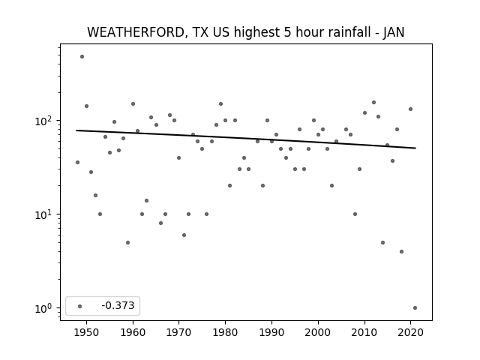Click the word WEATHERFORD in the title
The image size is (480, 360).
135,32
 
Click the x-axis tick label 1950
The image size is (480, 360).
87,332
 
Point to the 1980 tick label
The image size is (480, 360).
225,332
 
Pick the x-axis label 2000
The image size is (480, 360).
318,332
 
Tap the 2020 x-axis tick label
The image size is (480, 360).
410,332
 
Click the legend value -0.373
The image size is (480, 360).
118,305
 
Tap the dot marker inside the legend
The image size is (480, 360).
80,306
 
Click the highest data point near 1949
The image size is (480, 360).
82,57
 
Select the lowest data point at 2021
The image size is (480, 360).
415,308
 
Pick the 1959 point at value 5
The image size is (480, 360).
128,243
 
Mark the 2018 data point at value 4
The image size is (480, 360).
402,252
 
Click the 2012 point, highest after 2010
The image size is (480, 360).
373,102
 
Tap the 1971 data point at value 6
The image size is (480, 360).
184,235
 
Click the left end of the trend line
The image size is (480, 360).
76,130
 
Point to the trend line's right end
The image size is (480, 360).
415,148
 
